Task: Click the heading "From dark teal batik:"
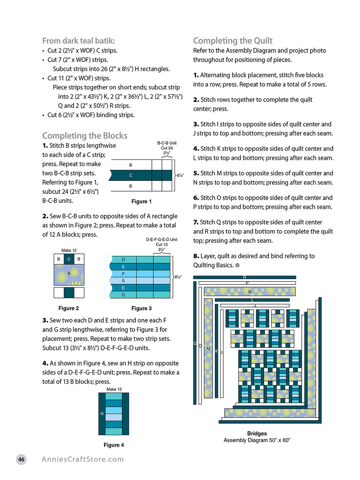[x=79, y=41]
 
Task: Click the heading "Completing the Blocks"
[x=85, y=136]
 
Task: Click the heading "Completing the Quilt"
[x=233, y=41]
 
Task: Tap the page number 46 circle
[x=21, y=459]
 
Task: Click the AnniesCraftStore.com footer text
[x=83, y=459]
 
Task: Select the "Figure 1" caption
[x=141, y=201]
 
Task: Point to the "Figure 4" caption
[x=114, y=445]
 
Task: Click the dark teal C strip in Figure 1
[x=131, y=175]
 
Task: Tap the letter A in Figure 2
[x=69, y=273]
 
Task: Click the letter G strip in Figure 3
[x=123, y=281]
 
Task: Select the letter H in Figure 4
[x=102, y=414]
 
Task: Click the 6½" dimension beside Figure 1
[x=180, y=175]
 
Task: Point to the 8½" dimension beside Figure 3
[x=178, y=277]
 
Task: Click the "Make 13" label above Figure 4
[x=114, y=389]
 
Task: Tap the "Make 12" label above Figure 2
[x=69, y=250]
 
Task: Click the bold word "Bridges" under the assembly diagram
[x=257, y=433]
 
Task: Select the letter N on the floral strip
[x=250, y=292]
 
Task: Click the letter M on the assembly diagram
[x=208, y=349]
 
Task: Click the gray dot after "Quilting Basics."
[x=238, y=265]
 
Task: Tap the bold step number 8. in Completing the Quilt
[x=196, y=256]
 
